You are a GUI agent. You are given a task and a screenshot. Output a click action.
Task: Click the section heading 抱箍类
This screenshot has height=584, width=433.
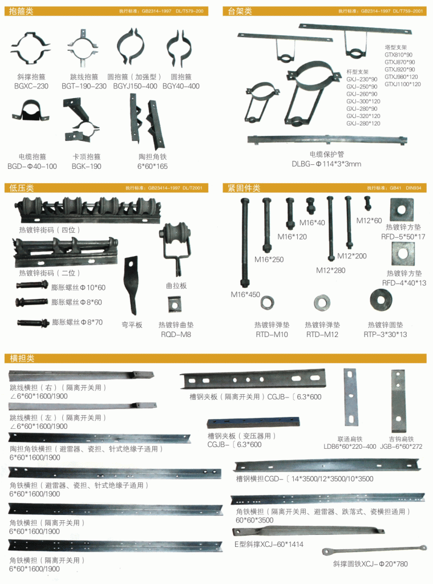22,11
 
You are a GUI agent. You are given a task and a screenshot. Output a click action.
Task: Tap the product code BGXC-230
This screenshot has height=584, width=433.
31,87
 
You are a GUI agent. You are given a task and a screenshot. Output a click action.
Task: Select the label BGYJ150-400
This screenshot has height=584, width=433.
135,87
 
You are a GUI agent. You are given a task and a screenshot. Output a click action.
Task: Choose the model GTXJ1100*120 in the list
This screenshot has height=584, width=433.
402,84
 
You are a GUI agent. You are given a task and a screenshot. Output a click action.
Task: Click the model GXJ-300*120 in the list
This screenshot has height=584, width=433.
363,102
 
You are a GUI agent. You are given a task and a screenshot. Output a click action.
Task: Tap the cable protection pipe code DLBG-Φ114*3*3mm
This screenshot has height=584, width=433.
326,164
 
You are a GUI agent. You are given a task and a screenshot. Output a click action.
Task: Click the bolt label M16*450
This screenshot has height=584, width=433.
245,295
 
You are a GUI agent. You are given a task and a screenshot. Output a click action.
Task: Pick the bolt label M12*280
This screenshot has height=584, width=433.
331,270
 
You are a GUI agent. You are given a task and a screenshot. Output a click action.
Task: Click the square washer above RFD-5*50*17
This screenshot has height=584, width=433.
403,210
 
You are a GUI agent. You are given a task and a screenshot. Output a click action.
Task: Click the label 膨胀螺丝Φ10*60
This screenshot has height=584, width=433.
78,287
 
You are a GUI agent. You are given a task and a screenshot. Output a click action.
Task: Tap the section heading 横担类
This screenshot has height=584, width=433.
22,359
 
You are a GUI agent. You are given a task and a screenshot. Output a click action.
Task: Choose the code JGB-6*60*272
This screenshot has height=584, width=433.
402,447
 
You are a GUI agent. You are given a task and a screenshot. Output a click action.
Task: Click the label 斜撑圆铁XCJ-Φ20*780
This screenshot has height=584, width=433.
371,564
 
